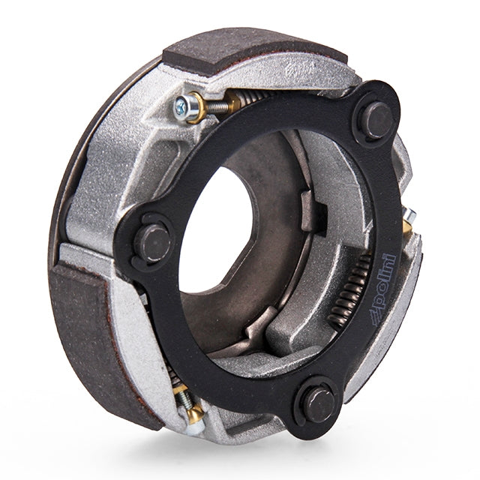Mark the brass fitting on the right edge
pos(408,219)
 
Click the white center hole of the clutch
pos(225,225)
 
